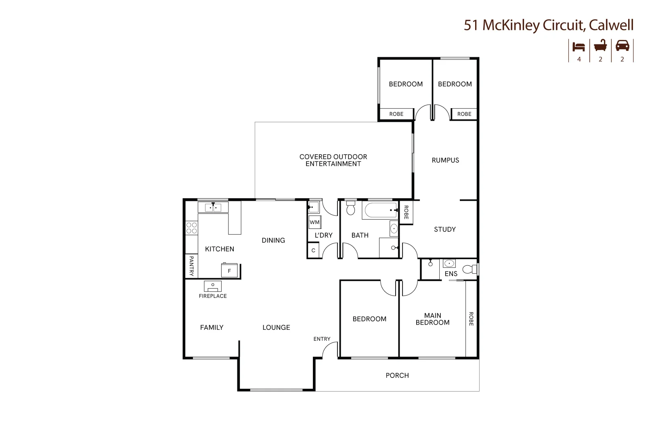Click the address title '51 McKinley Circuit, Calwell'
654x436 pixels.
[x=548, y=25]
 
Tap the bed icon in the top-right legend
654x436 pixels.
[x=579, y=46]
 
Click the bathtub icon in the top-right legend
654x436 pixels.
[x=600, y=46]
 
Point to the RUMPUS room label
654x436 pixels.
[x=445, y=160]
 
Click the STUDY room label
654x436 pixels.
[x=445, y=229]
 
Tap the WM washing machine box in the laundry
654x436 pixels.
[x=314, y=222]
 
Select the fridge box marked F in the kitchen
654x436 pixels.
[x=229, y=270]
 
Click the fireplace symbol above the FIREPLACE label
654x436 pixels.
[x=213, y=286]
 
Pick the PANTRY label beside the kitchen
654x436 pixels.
[x=191, y=266]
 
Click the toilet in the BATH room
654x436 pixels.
[x=350, y=208]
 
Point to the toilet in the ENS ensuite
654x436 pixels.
[x=470, y=269]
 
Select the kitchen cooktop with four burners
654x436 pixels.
[x=191, y=228]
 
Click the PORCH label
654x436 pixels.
[x=397, y=375]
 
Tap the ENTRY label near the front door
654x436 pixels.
[x=322, y=339]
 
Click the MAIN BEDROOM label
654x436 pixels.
[x=432, y=319]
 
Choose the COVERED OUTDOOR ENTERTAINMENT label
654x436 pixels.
[x=333, y=160]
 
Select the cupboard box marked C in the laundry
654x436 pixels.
[x=313, y=250]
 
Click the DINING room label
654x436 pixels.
[x=273, y=240]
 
